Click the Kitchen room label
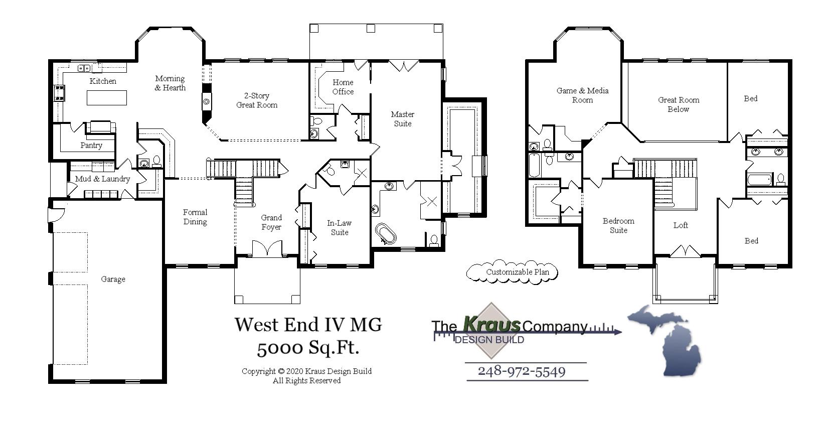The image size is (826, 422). (103, 81)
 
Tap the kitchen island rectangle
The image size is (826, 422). (106, 97)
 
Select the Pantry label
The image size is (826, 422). (91, 146)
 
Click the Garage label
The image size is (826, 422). (113, 279)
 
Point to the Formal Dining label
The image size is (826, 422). (195, 217)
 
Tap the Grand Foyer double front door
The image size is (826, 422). (266, 249)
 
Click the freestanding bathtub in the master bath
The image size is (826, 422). (385, 234)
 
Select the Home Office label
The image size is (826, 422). (343, 87)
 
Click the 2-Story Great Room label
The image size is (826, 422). (257, 100)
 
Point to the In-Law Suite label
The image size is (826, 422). (340, 228)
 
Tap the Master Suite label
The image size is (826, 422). (402, 119)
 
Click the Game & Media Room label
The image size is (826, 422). (582, 95)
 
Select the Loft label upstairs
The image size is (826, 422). (681, 225)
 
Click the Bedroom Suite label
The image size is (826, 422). (618, 226)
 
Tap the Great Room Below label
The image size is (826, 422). (679, 104)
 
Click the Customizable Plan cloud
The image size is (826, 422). (512, 272)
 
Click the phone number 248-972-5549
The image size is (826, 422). (522, 372)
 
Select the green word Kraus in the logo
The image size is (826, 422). (491, 325)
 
